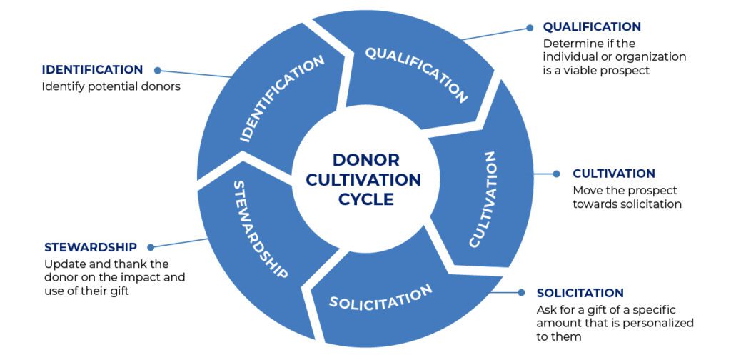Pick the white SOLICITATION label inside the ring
tap(380, 296)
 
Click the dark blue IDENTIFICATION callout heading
tap(92, 70)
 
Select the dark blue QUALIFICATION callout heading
tap(592, 27)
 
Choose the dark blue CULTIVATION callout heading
tap(614, 174)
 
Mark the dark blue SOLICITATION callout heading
tap(580, 293)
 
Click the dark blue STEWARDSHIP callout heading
tap(90, 247)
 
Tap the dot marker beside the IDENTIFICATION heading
tap(157, 70)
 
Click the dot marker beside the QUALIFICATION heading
tap(530, 28)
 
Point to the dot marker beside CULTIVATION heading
tap(558, 174)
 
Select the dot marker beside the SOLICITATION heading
tap(522, 293)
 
